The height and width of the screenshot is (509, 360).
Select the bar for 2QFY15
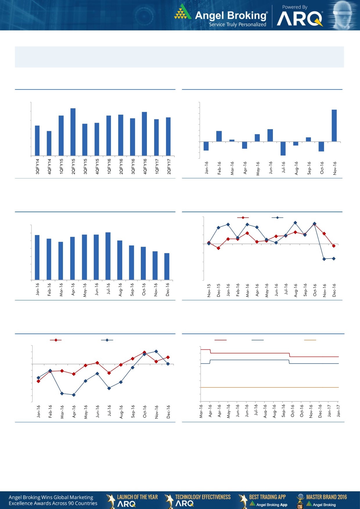point(73,132)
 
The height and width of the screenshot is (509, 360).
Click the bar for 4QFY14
point(49,143)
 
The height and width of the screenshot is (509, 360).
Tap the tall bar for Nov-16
point(334,126)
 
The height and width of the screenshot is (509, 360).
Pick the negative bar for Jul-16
point(283,148)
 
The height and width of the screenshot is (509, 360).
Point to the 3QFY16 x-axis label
point(133,166)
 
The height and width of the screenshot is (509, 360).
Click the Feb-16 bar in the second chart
point(219,136)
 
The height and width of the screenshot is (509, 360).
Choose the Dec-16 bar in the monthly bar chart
point(167,266)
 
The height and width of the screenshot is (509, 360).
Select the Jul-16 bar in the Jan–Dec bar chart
point(108,256)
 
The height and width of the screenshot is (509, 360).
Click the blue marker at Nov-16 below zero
point(324,259)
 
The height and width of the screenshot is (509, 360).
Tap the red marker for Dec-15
point(218,248)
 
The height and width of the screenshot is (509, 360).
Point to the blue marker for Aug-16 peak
point(295,223)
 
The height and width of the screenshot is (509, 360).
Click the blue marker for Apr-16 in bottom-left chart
point(74,395)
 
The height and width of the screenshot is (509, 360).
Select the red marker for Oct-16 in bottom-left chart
point(144,352)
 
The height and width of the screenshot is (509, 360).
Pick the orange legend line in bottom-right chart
point(310,340)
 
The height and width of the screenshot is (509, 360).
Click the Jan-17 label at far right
point(339,411)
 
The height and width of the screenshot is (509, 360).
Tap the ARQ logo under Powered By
point(300,19)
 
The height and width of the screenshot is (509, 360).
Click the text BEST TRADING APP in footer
point(267,497)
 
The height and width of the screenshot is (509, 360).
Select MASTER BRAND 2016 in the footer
point(326,497)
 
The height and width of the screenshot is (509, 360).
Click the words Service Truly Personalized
point(237,24)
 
